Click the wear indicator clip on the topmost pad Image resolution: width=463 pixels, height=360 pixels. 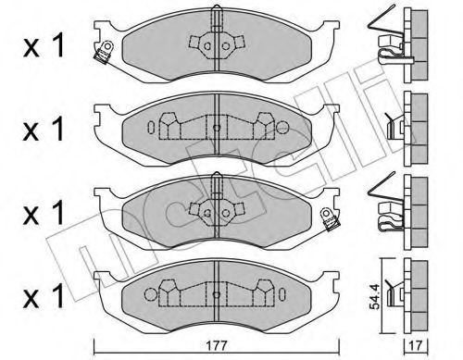pyautogui.click(x=104, y=52)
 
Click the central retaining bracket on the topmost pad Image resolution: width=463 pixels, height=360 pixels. pyautogui.click(x=215, y=42)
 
